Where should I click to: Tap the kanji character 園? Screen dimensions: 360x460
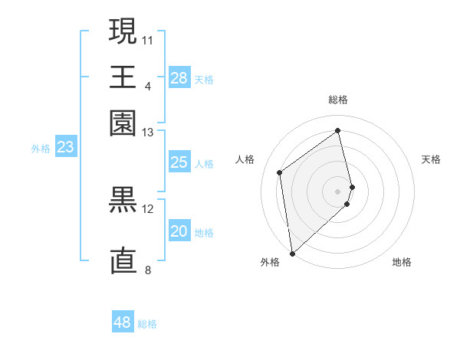pyautogui.click(x=123, y=123)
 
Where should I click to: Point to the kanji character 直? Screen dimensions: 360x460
pyautogui.click(x=123, y=260)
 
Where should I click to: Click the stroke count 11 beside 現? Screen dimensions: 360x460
pyautogui.click(x=148, y=38)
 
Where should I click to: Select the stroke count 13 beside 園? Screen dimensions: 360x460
pyautogui.click(x=148, y=133)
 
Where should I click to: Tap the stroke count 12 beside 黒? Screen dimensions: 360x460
pyautogui.click(x=148, y=208)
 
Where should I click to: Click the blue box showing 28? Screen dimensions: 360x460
pyautogui.click(x=179, y=78)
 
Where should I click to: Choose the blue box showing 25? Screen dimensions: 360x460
pyautogui.click(x=179, y=162)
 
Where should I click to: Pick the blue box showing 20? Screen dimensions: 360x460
pyautogui.click(x=179, y=232)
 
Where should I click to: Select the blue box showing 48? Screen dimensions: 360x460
pyautogui.click(x=123, y=322)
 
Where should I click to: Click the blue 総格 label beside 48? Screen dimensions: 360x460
pyautogui.click(x=147, y=324)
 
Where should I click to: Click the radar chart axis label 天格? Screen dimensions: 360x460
pyautogui.click(x=431, y=159)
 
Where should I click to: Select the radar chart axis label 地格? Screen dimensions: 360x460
pyautogui.click(x=402, y=262)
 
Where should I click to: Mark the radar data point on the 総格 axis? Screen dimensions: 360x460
pyautogui.click(x=338, y=130)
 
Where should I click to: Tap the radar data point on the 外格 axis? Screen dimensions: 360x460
pyautogui.click(x=291, y=253)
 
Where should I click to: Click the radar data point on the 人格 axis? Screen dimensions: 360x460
pyautogui.click(x=280, y=172)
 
